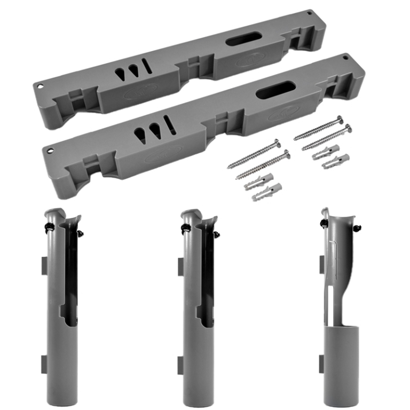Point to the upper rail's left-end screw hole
click(41, 84)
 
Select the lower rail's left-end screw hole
click(50, 150)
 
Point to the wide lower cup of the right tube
click(338, 363)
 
